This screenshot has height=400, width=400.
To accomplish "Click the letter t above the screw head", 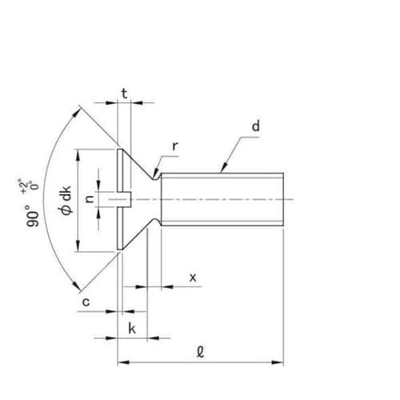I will (124, 93).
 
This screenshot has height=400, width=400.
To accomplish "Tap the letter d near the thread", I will (255, 126).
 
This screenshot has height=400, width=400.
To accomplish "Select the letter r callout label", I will (175, 147).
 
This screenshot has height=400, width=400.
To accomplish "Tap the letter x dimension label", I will (192, 277).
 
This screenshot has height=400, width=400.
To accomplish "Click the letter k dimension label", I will (132, 328).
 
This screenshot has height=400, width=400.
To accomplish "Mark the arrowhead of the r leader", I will (161, 174).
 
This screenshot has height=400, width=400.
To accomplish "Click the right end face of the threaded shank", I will (282, 199).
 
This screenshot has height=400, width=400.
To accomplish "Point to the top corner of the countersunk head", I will (118, 149).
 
